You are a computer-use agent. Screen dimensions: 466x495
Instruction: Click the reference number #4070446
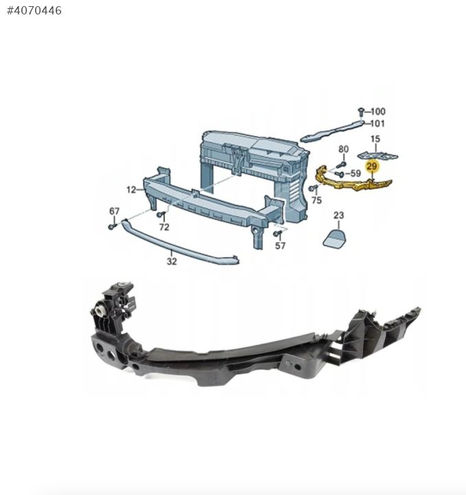(34, 10)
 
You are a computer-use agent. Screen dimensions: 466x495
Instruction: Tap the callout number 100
(378, 111)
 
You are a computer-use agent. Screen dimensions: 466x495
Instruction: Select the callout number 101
(377, 124)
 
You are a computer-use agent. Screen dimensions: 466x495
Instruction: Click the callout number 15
(375, 139)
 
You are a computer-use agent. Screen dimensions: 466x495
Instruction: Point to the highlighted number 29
(372, 166)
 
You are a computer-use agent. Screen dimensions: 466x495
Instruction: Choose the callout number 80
(344, 149)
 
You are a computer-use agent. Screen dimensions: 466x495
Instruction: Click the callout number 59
(355, 173)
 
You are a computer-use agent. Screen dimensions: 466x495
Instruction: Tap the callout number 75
(316, 200)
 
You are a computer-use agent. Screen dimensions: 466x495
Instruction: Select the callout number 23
(339, 215)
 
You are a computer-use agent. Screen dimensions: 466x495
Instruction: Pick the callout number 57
(280, 245)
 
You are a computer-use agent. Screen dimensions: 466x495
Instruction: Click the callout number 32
(172, 261)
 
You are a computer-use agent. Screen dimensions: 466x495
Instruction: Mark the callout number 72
(164, 227)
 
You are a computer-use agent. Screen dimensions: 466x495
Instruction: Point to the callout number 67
(114, 211)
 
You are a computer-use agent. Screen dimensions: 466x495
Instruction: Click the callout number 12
(131, 190)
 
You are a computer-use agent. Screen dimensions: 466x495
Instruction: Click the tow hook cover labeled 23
(335, 238)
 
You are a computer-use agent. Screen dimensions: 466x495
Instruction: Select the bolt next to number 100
(362, 112)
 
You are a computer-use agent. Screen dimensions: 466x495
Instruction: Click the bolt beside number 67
(112, 226)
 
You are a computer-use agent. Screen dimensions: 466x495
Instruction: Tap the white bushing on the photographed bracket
(100, 311)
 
